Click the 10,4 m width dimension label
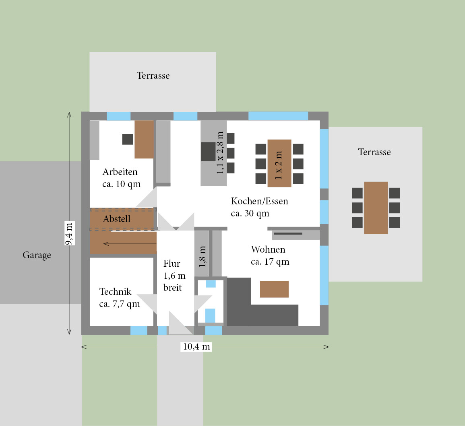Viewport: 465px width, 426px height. (x=196, y=347)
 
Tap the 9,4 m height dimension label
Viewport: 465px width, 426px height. (x=69, y=233)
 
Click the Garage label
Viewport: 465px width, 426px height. (x=37, y=255)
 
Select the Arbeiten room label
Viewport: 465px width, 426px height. (x=120, y=172)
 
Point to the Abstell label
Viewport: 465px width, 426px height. (x=116, y=218)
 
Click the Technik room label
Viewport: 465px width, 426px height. (x=116, y=292)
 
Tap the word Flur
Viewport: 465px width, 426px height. (x=172, y=263)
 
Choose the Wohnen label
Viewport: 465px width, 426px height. (x=268, y=249)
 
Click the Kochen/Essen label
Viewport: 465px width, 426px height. (x=260, y=201)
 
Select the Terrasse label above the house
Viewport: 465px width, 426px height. (x=153, y=76)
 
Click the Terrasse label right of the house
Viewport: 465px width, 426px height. (x=374, y=152)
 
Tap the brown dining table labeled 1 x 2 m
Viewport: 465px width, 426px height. (x=279, y=163)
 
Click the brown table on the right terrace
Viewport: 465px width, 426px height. (x=376, y=208)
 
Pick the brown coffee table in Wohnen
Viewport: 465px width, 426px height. (x=274, y=289)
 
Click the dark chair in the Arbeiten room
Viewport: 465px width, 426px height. (x=128, y=139)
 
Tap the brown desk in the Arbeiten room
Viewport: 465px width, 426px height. (x=144, y=139)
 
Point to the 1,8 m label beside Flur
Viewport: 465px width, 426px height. (x=202, y=257)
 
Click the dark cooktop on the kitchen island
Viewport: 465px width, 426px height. (x=209, y=152)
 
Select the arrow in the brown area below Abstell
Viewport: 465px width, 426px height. (x=130, y=244)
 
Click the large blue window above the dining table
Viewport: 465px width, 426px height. (x=278, y=116)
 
